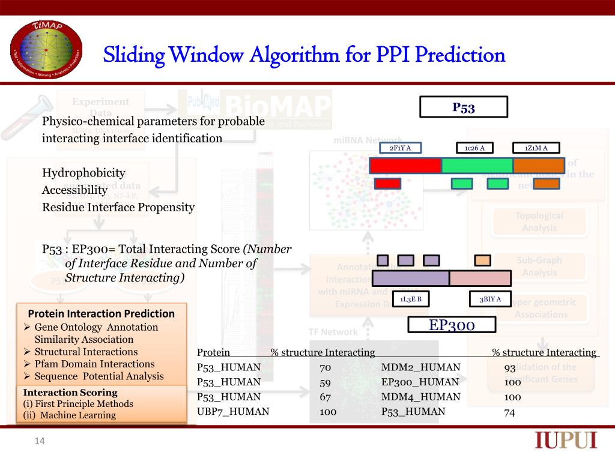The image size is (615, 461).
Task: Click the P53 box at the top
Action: (x=463, y=107)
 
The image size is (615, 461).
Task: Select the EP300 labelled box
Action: (x=452, y=325)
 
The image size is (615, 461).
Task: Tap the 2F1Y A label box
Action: (x=401, y=148)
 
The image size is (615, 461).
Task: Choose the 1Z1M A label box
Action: (x=536, y=148)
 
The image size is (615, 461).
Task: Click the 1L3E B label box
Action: (x=411, y=299)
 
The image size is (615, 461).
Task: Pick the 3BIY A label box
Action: (x=489, y=299)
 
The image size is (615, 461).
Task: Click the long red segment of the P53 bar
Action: (x=405, y=166)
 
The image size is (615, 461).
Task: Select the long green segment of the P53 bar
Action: (x=477, y=166)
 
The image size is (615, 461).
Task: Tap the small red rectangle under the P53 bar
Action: (x=387, y=183)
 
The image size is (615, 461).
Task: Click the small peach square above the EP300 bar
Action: (x=482, y=260)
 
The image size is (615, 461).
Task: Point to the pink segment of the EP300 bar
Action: (x=480, y=278)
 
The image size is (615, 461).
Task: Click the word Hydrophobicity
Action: (x=83, y=173)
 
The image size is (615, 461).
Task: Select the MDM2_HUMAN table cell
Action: (x=420, y=367)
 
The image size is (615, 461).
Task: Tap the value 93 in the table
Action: (x=510, y=368)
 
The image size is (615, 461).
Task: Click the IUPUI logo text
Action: (x=566, y=441)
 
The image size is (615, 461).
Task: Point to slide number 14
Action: (x=40, y=442)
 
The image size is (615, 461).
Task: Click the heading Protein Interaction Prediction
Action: (x=101, y=313)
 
